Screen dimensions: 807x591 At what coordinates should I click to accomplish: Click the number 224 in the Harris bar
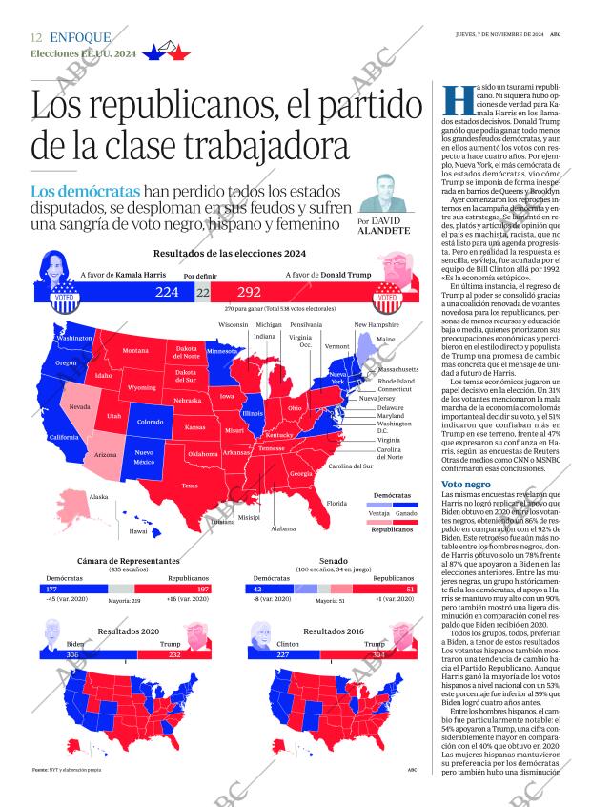[167, 292]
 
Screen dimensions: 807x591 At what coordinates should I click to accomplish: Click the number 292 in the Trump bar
[249, 292]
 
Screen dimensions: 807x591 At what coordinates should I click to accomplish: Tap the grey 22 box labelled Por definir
[203, 292]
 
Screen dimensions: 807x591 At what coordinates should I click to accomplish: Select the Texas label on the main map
[190, 486]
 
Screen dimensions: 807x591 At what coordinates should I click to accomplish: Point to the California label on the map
[64, 437]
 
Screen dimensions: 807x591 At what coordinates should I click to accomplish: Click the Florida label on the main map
[336, 503]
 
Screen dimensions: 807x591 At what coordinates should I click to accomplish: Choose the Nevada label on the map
[81, 407]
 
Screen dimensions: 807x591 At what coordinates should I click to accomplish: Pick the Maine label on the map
[386, 340]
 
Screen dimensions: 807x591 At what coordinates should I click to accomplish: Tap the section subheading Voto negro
[466, 485]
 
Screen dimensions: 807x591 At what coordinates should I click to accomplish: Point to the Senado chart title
[333, 561]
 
